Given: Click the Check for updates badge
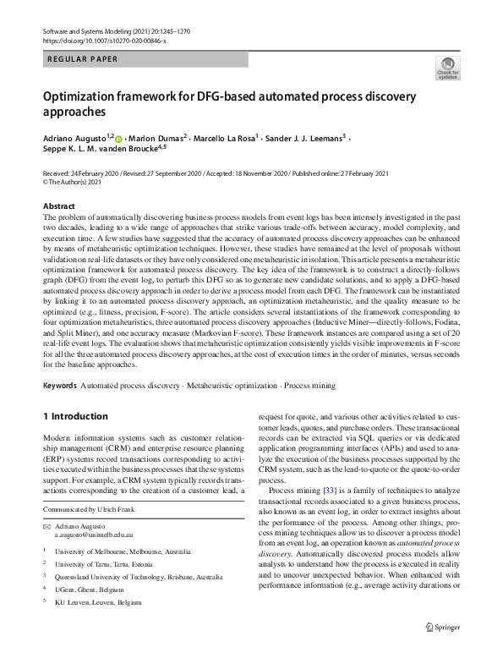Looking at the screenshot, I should point(447,68).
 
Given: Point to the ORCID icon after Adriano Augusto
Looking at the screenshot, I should point(118,138).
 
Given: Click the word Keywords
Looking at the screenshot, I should point(59,385).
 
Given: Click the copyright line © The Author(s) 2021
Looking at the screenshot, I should point(77,182).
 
